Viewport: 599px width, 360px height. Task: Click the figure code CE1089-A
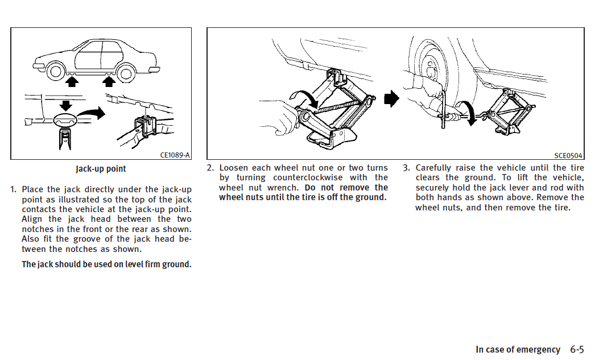175,155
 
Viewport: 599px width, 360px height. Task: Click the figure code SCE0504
568,155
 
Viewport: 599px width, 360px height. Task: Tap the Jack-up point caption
101,169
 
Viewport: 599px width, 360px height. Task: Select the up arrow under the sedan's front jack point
72,81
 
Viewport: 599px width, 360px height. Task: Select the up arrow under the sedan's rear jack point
109,81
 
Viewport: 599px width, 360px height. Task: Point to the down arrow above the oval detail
66,106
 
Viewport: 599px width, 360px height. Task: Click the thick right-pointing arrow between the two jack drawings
391,98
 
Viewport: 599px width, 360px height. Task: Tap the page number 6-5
577,349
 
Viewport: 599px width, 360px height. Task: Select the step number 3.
407,168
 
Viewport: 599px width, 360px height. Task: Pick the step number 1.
14,189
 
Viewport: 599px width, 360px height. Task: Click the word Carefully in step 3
433,168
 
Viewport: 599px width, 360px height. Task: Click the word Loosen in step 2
233,168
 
